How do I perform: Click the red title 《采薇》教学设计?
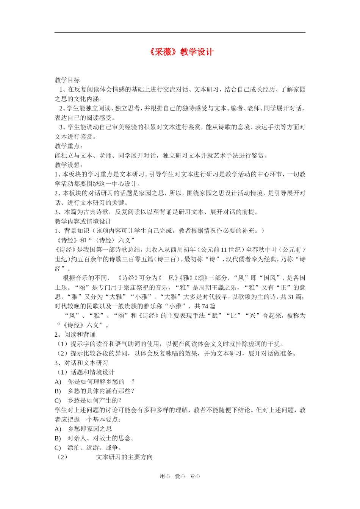coord(181,52)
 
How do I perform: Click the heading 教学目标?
coord(67,80)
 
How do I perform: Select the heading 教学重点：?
coord(69,146)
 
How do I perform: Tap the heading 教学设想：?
coord(69,165)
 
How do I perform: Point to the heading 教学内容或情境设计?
coord(83,222)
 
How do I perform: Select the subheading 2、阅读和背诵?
coord(75,335)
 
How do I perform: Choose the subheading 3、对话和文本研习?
coord(81,363)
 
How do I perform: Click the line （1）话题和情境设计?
coord(85,372)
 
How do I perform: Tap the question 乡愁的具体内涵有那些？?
coord(101,391)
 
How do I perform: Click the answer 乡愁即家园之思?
coord(90,429)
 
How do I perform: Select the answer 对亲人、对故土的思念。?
coord(101,438)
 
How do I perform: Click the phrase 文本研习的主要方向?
coord(124,457)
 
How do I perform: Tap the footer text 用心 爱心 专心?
coord(180,476)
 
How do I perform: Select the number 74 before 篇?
coord(205,306)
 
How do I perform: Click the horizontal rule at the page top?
coord(180,33)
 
